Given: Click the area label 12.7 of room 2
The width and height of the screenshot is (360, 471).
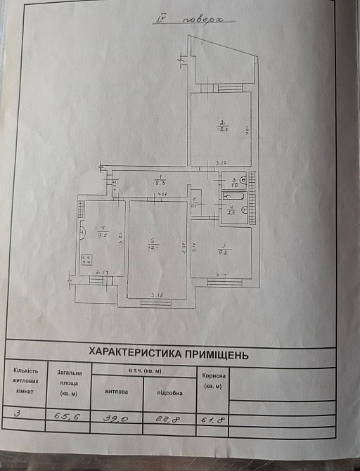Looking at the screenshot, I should point(221,129).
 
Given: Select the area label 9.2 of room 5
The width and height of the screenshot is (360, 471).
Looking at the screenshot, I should point(221,250).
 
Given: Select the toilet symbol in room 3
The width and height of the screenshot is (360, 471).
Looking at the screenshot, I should point(243,180).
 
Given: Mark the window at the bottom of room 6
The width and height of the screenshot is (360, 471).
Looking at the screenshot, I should point(155,303).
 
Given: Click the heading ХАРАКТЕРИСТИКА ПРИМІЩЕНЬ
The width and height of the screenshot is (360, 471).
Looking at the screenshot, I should point(167,354).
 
